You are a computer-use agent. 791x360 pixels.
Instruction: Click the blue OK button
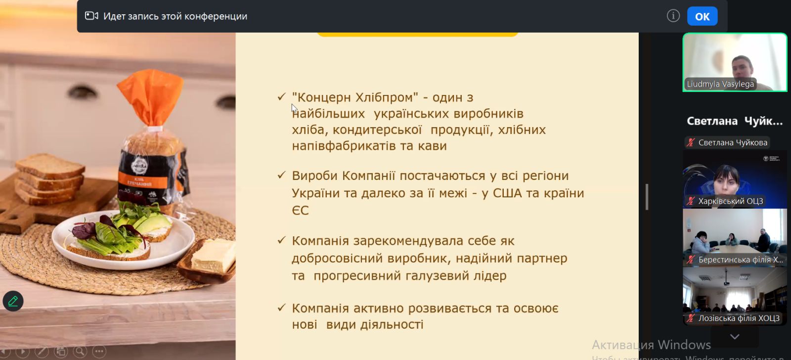point(702,16)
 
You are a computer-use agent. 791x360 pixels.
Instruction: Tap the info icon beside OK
point(673,16)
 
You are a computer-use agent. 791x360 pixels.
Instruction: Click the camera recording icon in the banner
point(91,16)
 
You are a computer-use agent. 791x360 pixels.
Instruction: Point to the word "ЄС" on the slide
point(300,211)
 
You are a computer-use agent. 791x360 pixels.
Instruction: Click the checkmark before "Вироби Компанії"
point(281,175)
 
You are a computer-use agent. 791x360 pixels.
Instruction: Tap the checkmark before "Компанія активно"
point(281,308)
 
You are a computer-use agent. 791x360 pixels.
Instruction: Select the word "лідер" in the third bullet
point(490,275)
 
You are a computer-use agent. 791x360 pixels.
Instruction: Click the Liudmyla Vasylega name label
point(720,84)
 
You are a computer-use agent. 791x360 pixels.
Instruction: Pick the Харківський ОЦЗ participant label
point(731,201)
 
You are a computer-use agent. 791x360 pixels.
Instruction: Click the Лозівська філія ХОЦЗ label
point(739,318)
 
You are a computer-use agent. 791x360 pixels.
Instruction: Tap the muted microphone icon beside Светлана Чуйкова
point(691,142)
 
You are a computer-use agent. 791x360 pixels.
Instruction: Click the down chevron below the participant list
point(735,337)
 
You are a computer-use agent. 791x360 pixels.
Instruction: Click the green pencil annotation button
point(13,301)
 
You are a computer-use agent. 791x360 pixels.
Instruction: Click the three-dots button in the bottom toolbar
point(99,351)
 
